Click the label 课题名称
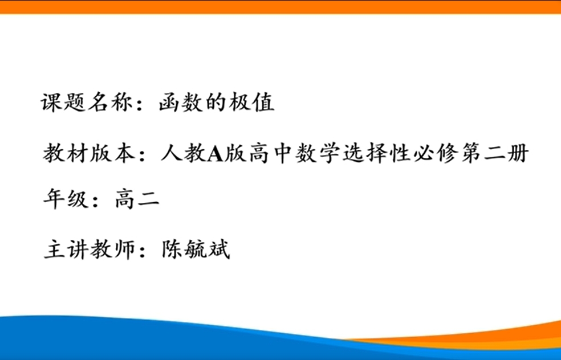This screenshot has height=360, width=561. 86,102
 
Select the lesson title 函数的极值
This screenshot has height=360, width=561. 217,102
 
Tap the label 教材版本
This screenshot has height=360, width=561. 89,153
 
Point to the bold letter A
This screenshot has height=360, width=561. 216,154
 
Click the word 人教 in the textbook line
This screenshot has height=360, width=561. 184,153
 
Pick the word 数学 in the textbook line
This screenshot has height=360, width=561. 318,153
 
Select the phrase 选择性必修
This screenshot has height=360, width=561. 400,153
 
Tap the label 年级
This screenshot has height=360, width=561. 66,199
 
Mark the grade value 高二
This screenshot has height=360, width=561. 137,199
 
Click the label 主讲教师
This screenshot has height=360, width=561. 90,249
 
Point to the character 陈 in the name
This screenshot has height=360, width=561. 172,249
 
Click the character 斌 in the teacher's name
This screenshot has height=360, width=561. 218,249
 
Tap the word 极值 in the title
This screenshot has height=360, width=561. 251,102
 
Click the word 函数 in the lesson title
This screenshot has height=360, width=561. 181,102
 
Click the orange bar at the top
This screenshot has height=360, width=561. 280,7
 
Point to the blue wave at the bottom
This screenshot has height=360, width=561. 179,339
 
